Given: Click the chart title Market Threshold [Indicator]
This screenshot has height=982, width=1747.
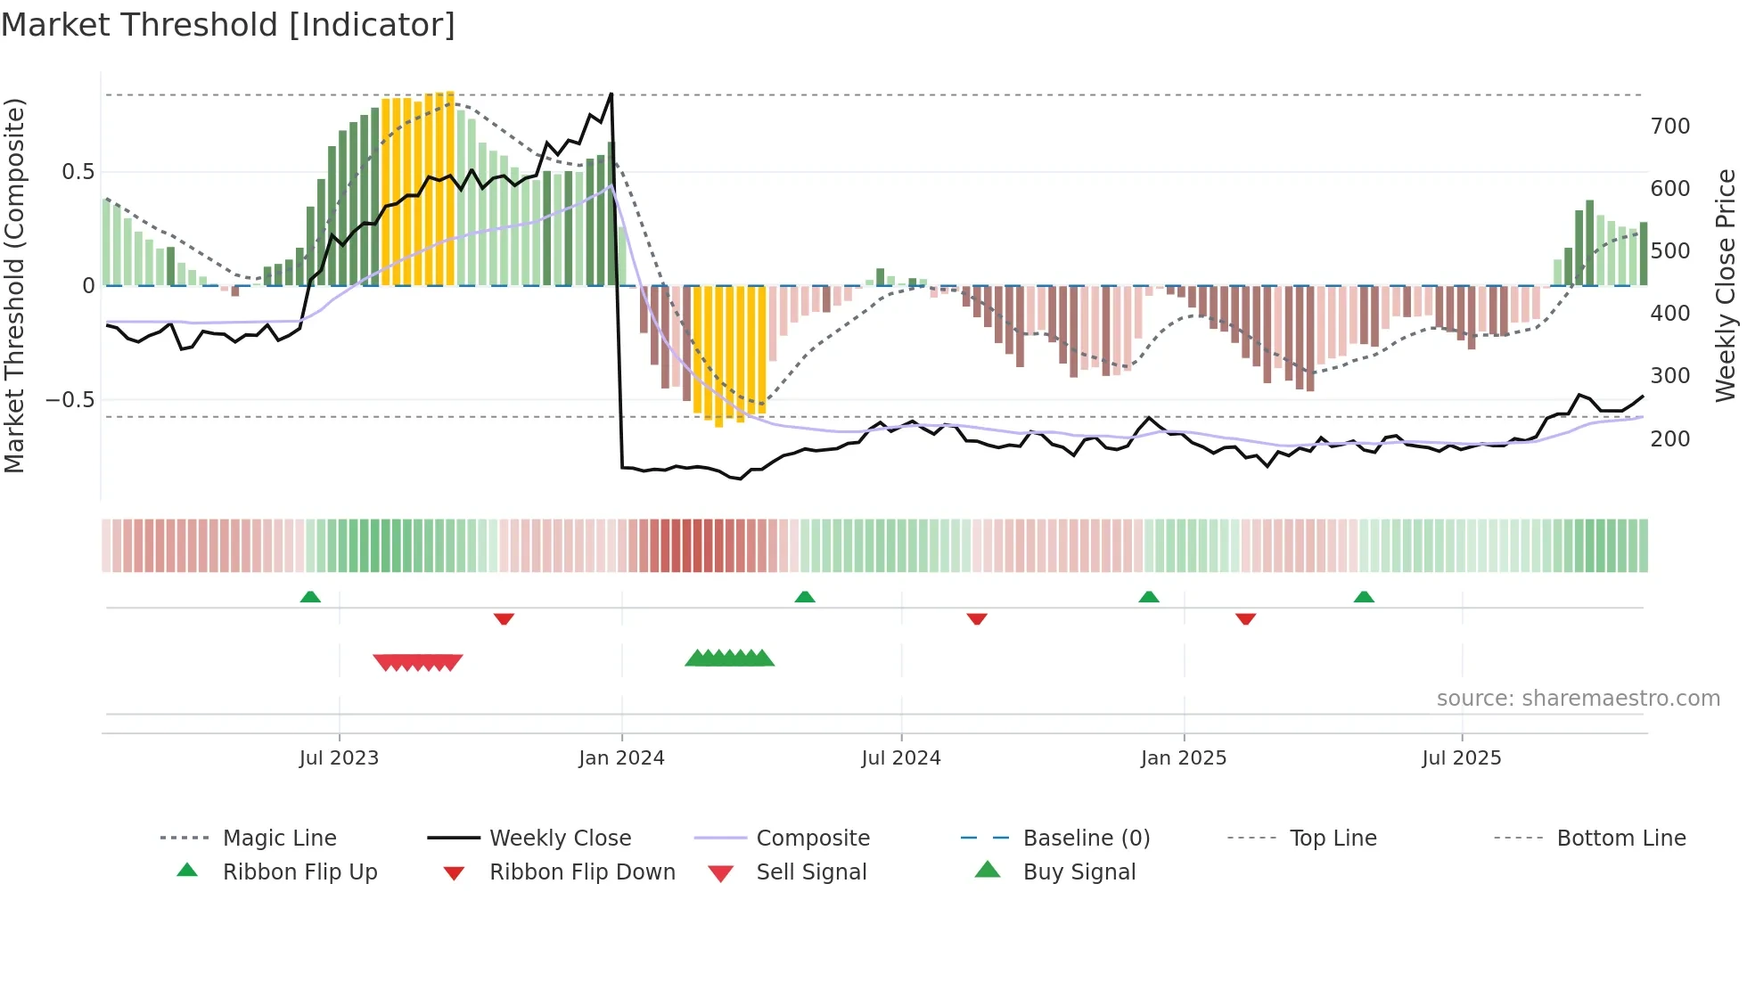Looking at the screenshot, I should tap(228, 25).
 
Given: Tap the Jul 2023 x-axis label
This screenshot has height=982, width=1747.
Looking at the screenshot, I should tap(339, 757).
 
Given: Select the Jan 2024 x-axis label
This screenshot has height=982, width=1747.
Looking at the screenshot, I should tap(621, 757).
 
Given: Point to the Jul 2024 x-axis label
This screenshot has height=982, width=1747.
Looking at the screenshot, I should tap(900, 757).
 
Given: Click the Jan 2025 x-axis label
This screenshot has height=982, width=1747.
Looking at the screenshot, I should tap(1183, 757).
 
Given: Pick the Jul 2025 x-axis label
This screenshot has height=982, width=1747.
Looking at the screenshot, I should tap(1461, 757).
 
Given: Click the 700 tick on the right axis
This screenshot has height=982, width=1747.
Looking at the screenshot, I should tap(1669, 127).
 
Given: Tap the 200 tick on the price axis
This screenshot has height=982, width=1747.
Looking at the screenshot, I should tap(1669, 438).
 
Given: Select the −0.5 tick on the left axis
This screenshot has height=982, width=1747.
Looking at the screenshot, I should tap(70, 400).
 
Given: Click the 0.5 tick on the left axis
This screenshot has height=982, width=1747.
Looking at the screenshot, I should tap(78, 172).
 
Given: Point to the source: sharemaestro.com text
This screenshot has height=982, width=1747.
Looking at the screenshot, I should tap(1578, 698).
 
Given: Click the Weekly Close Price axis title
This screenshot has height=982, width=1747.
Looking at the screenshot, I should tap(1726, 285).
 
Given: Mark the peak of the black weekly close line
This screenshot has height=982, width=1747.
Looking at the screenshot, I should tap(611, 93).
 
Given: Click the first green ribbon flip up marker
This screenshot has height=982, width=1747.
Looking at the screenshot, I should tap(310, 597).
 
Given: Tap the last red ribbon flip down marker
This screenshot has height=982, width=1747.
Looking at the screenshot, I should tap(1245, 618).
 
